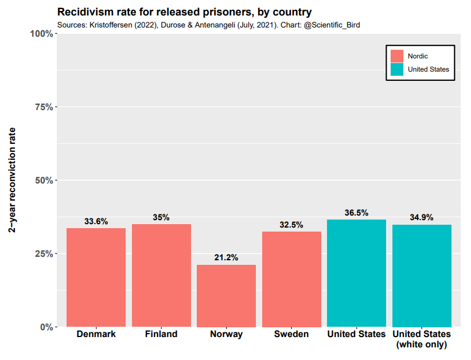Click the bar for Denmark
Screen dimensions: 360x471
coord(96,277)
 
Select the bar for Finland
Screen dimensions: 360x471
coord(161,275)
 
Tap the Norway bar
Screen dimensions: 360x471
coord(226,296)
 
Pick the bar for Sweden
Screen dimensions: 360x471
coord(291,279)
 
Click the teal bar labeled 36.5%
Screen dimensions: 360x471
coord(356,273)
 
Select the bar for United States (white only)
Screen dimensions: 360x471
coord(422,276)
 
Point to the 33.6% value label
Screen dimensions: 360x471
coord(96,221)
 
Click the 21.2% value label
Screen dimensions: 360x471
coord(226,257)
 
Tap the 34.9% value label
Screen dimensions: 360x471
coord(422,217)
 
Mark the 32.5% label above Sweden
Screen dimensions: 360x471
coord(291,225)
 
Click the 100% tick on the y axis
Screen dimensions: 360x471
coord(42,34)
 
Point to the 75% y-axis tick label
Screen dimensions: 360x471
coord(44,107)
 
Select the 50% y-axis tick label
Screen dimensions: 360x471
coord(44,181)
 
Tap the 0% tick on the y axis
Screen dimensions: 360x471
coord(46,327)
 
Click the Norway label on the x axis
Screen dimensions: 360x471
coord(226,334)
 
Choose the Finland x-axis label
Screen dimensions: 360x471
coord(161,334)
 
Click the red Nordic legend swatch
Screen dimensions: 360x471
coord(397,56)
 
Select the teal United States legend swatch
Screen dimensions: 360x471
coord(397,69)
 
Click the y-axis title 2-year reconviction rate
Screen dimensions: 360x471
coord(12,180)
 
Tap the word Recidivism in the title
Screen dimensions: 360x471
coord(83,11)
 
